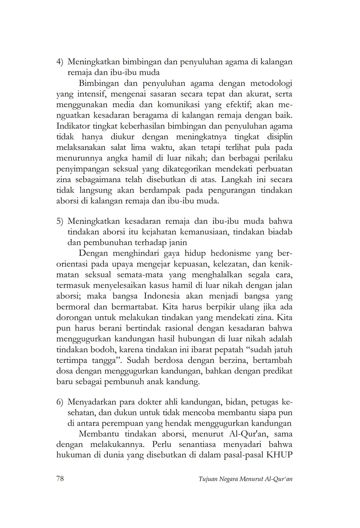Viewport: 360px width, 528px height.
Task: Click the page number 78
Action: pos(60,479)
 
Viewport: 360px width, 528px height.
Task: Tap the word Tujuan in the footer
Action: pos(208,479)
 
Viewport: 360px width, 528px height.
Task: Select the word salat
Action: pos(118,147)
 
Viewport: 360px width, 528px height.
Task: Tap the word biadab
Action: pos(279,232)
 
